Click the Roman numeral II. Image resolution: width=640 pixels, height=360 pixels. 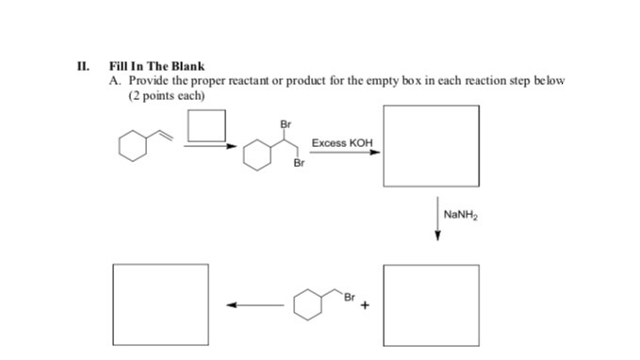83,67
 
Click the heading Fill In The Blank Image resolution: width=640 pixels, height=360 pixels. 156,67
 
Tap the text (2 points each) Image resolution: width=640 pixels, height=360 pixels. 166,95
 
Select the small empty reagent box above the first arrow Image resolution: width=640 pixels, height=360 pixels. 206,127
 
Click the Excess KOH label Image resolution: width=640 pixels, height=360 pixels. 342,143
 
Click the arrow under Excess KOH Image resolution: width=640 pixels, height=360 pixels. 345,153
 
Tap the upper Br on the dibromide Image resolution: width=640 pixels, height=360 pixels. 286,123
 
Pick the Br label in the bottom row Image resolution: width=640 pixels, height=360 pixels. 349,298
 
